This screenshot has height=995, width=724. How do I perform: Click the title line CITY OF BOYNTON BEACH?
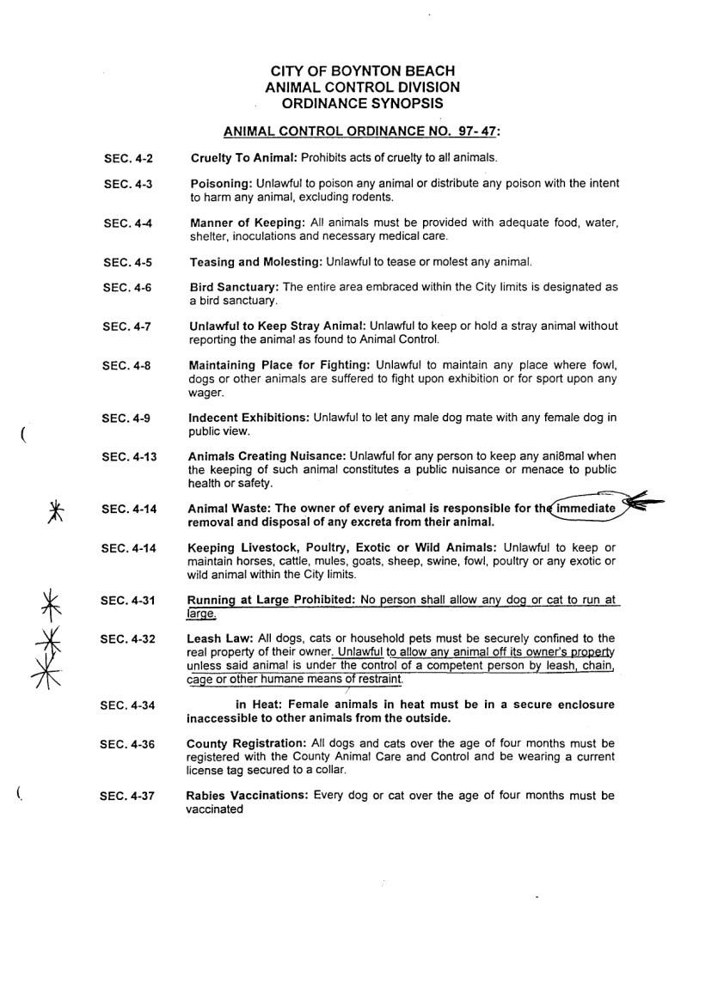pyautogui.click(x=362, y=71)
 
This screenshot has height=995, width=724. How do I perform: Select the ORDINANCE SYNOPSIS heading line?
pyautogui.click(x=362, y=102)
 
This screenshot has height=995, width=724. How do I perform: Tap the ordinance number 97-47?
pyautogui.click(x=471, y=132)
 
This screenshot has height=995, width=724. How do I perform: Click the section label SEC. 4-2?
pyautogui.click(x=127, y=159)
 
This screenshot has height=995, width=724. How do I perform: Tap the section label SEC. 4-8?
pyautogui.click(x=127, y=366)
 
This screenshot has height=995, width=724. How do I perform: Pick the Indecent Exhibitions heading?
pyautogui.click(x=248, y=418)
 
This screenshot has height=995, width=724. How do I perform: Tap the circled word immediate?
pyautogui.click(x=586, y=509)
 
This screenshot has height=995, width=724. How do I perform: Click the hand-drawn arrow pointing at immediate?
pyautogui.click(x=647, y=504)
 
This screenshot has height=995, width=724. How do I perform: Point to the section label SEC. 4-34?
pyautogui.click(x=127, y=705)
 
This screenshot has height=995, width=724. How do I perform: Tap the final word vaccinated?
pyautogui.click(x=215, y=809)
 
